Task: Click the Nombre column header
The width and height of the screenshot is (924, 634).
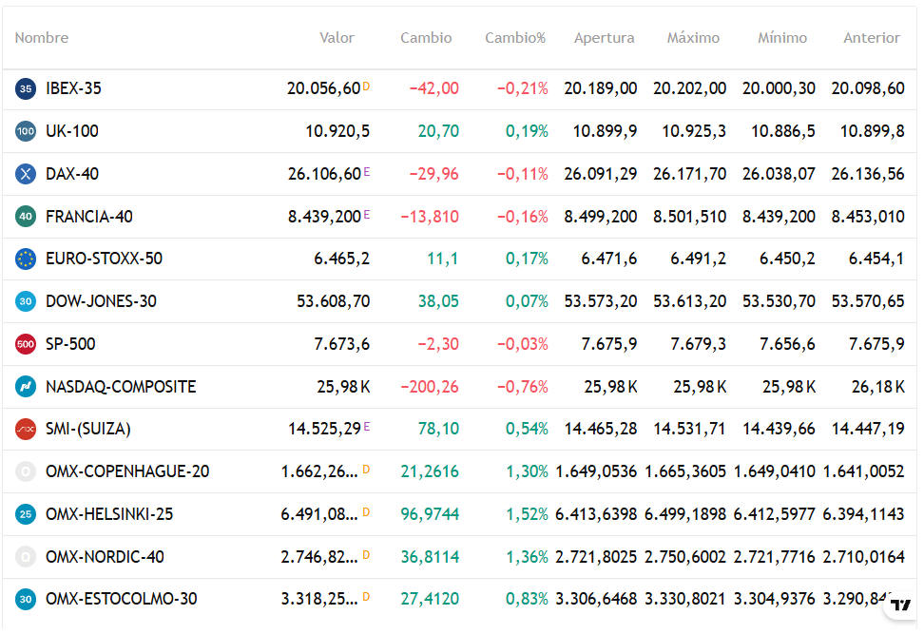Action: tap(41, 38)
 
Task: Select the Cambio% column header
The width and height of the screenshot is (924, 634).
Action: tap(515, 38)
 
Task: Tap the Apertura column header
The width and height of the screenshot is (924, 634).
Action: tap(604, 38)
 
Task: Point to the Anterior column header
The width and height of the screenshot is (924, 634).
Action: tap(872, 38)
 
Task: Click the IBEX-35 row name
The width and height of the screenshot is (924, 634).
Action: tap(73, 88)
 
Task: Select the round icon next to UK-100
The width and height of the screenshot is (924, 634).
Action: tap(26, 131)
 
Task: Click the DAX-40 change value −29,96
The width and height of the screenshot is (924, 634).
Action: tap(433, 174)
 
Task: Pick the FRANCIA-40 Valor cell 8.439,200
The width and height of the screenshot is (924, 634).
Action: tap(324, 217)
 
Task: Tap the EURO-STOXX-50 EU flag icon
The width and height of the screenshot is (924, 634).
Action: tap(26, 259)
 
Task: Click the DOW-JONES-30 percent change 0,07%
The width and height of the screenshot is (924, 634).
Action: tap(527, 301)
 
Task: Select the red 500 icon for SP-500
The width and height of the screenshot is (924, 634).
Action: tap(26, 344)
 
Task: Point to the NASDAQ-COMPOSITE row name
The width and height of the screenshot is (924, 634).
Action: tap(121, 387)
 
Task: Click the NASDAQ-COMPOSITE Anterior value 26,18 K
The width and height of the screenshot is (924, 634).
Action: tap(878, 387)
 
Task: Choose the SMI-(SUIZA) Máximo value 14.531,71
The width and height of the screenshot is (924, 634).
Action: tap(689, 429)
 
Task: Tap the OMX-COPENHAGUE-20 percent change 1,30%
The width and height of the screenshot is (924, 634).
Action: tap(527, 471)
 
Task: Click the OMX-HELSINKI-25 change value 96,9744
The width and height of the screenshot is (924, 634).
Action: tap(430, 514)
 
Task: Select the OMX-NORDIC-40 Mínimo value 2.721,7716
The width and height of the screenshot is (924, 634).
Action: tap(775, 557)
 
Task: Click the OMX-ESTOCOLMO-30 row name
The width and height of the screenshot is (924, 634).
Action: tap(122, 599)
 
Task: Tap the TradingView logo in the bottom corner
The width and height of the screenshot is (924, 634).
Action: tap(900, 605)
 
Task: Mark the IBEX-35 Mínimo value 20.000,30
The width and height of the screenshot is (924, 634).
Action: tap(779, 88)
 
